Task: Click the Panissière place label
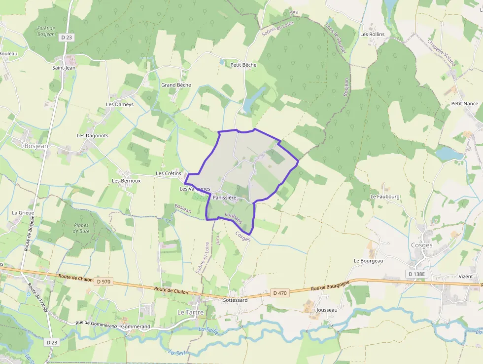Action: (225, 198)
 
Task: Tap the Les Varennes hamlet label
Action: (195, 189)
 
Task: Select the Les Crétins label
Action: (169, 173)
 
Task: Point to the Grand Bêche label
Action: (176, 85)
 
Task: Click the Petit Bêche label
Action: (243, 65)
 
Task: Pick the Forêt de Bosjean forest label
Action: (46, 31)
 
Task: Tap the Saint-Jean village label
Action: (64, 68)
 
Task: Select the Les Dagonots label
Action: (93, 135)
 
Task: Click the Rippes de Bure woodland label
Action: (81, 228)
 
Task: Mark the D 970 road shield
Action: (104, 282)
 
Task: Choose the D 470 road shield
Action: (280, 293)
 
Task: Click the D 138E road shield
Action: (417, 274)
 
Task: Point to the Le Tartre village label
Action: (190, 312)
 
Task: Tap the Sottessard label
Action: (235, 300)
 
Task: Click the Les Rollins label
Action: (372, 34)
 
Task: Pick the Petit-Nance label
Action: (464, 103)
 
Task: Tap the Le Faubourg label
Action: (385, 196)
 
